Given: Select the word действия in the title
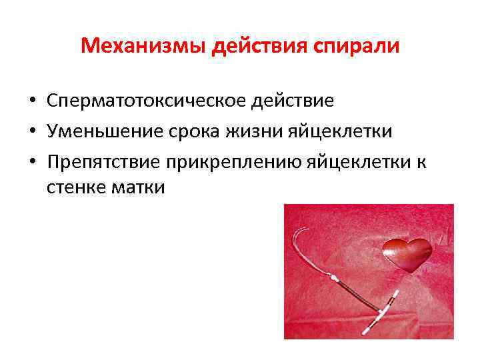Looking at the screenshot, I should [x=245, y=47].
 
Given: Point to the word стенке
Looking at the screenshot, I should [x=74, y=189].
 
